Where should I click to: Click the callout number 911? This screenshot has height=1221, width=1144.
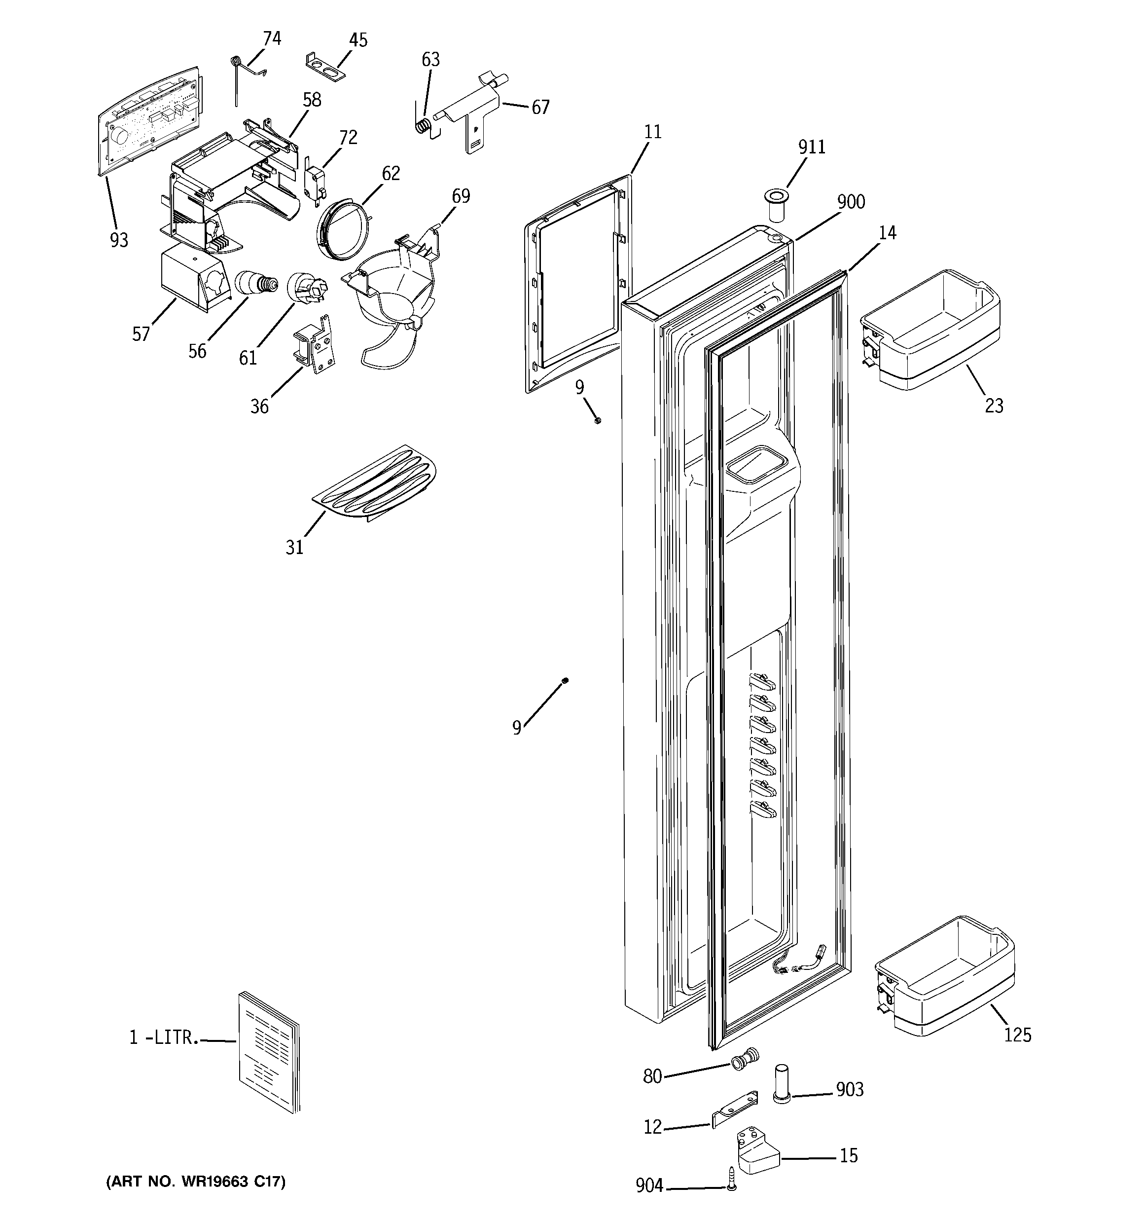click(x=811, y=148)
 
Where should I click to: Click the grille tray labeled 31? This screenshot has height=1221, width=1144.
click(x=375, y=483)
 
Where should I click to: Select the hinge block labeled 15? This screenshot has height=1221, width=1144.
click(x=756, y=1151)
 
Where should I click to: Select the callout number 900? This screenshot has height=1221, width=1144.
click(x=851, y=202)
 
